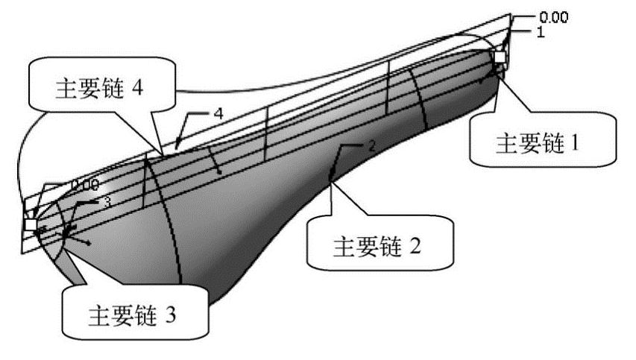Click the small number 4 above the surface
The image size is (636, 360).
coord(218,114)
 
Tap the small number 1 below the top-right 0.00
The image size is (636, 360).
coord(541,33)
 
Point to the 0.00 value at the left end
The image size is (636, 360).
coord(85,183)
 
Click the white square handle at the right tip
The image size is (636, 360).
coord(500,58)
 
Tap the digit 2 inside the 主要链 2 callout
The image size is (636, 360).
coord(416,244)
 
